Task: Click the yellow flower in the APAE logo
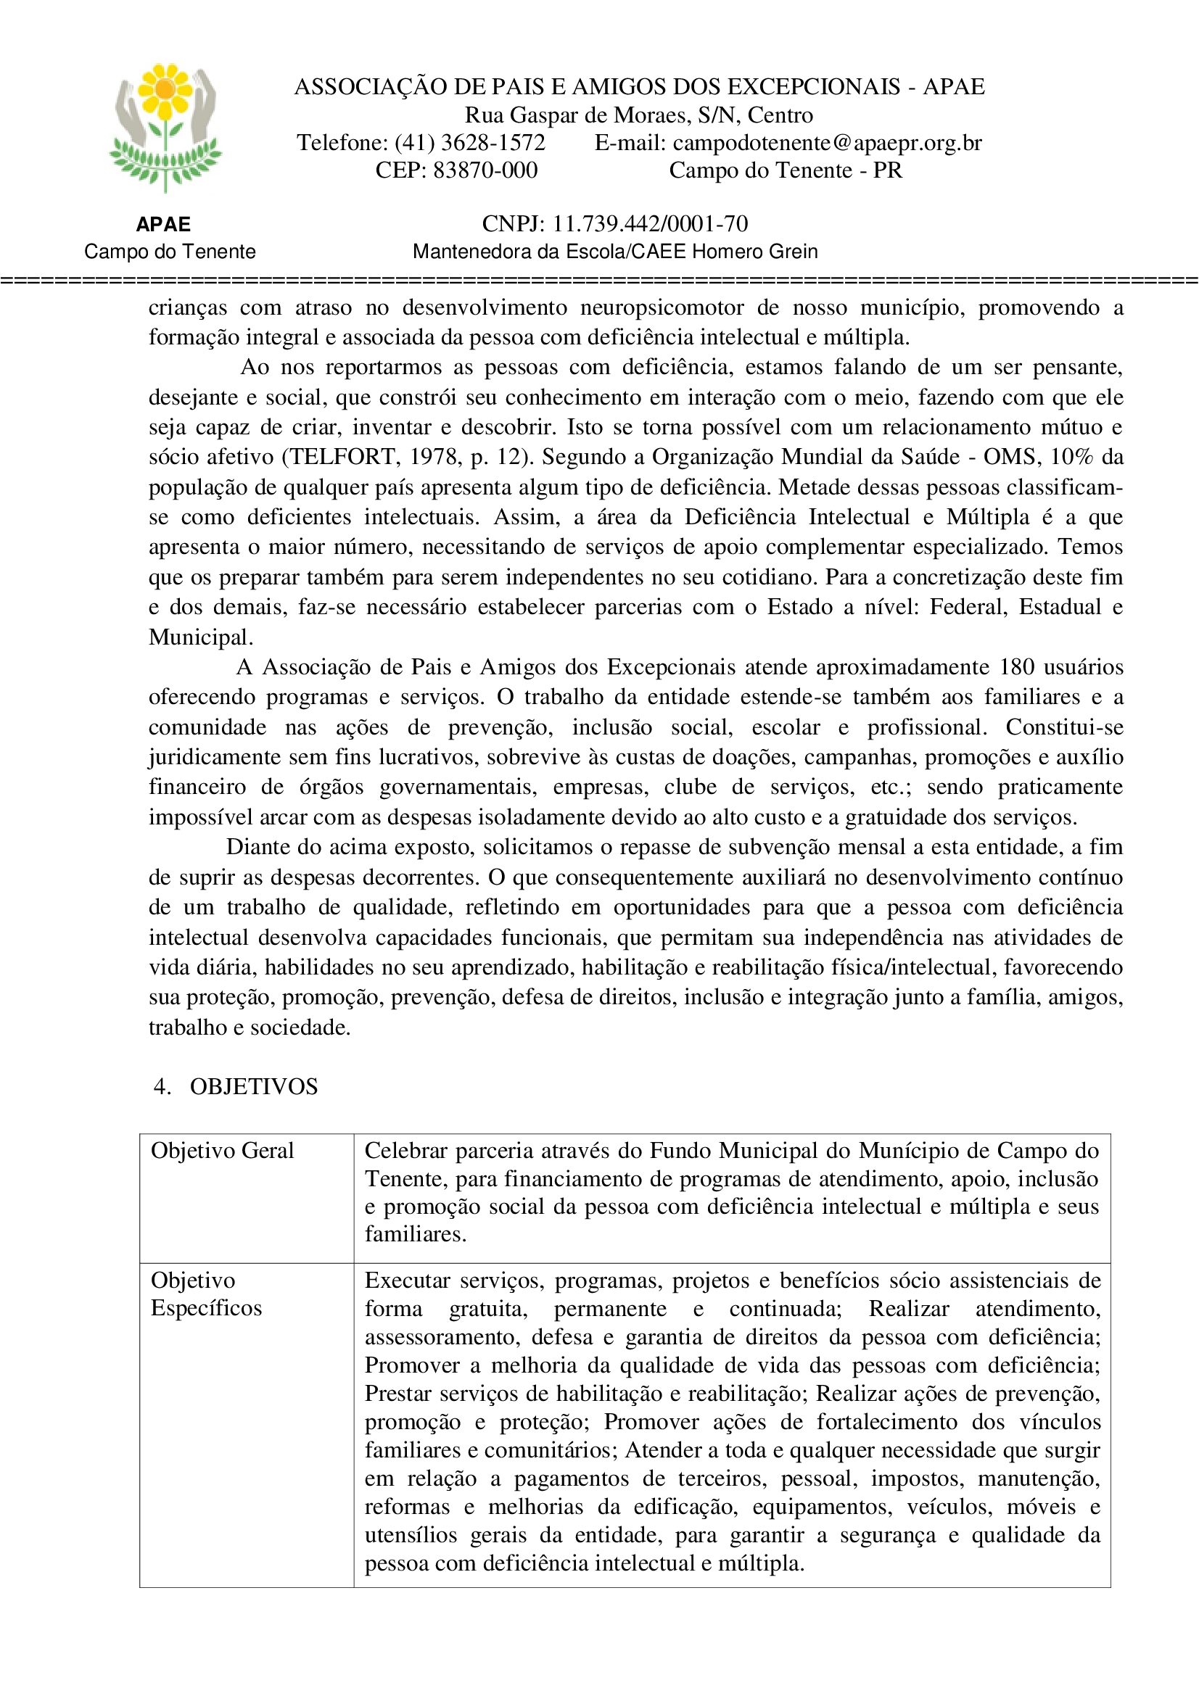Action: pyautogui.click(x=165, y=89)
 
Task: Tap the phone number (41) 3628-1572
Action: pyautogui.click(x=470, y=143)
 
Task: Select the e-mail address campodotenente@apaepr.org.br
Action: pyautogui.click(x=827, y=143)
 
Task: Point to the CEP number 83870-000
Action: pyautogui.click(x=485, y=170)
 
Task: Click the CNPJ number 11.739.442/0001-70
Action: pyautogui.click(x=650, y=224)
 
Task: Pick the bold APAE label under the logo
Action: pyautogui.click(x=163, y=225)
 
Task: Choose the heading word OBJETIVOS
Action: pyautogui.click(x=253, y=1087)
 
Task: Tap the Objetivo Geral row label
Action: pyautogui.click(x=222, y=1151)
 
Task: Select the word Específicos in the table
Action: pyautogui.click(x=206, y=1308)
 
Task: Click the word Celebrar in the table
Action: pyautogui.click(x=406, y=1151)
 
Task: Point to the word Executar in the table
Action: pyautogui.click(x=407, y=1280)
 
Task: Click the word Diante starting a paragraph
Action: pyautogui.click(x=260, y=847)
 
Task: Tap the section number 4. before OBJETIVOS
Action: pyautogui.click(x=162, y=1087)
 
